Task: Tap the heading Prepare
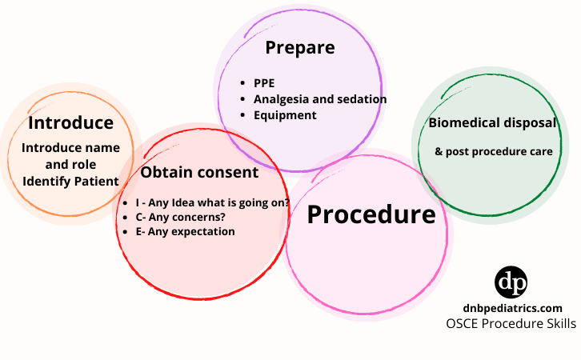point(299,47)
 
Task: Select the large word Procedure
point(371,214)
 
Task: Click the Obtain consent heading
point(199,172)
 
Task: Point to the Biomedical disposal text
point(492,122)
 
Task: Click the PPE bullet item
point(265,82)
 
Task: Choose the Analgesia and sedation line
point(320,99)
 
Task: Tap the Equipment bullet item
point(285,115)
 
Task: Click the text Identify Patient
point(70,181)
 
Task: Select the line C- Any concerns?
point(180,217)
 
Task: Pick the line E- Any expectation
point(186,231)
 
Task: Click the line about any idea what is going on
point(213,202)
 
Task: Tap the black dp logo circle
point(511,283)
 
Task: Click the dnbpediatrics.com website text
point(511,308)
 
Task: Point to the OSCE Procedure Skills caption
point(511,324)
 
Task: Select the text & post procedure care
point(494,151)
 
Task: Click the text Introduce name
point(70,148)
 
